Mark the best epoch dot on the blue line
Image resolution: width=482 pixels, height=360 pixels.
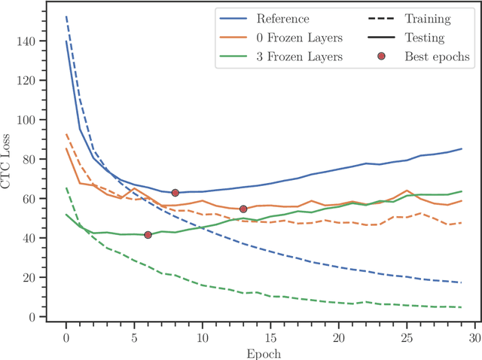[175, 193]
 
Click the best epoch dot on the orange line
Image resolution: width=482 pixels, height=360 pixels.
[243, 209]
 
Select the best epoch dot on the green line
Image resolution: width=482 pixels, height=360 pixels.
[148, 235]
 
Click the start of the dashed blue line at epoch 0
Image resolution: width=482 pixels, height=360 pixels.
[66, 17]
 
